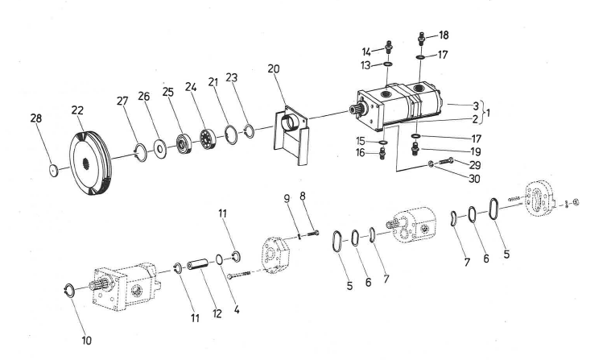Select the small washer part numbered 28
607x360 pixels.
click(53, 170)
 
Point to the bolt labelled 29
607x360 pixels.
click(448, 162)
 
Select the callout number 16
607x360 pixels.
click(361, 152)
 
